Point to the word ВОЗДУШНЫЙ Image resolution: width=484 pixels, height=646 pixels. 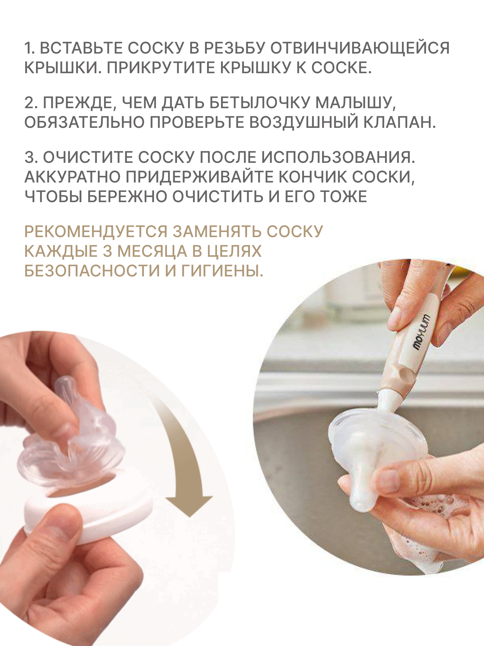click(303, 122)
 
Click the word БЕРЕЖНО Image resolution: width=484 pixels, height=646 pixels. click(127, 196)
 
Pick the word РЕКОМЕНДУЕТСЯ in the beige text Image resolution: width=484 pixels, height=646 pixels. click(96, 232)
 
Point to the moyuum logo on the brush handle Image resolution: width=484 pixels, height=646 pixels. click(421, 332)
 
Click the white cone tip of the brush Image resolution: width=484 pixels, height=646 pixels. click(387, 400)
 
